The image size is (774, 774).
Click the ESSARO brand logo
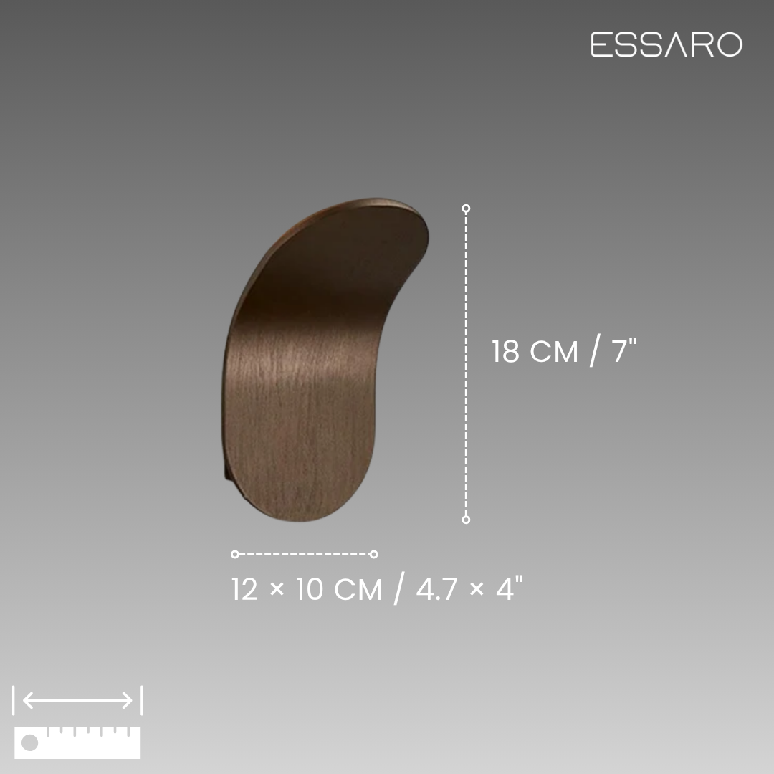tap(666, 44)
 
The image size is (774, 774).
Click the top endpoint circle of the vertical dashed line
tap(466, 209)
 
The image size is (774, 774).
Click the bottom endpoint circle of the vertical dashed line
tap(466, 520)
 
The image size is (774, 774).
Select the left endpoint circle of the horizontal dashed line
tap(235, 554)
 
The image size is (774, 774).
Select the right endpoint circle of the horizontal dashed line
tap(373, 554)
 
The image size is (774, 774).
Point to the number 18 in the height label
tap(505, 351)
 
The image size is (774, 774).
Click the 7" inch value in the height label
tap(624, 350)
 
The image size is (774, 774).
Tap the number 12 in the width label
tap(245, 589)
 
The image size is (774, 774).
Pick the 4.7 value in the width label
tap(436, 589)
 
